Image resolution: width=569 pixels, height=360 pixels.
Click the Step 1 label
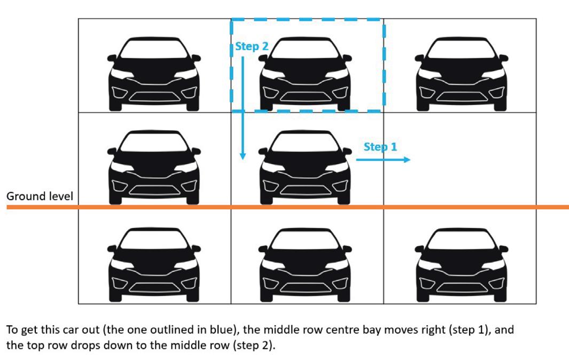point(380,146)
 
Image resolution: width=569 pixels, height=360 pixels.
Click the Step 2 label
point(252,46)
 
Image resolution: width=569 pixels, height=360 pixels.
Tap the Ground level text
point(40,197)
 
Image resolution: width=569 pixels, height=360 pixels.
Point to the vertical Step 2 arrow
point(243,107)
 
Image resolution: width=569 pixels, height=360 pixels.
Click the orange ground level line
point(321,207)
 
